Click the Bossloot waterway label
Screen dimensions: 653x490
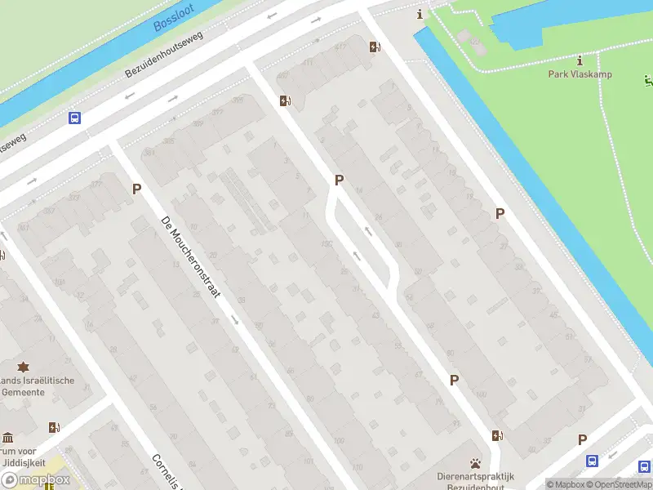click(x=175, y=18)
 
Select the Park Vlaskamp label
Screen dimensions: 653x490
click(x=580, y=74)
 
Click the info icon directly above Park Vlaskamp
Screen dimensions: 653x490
click(x=580, y=60)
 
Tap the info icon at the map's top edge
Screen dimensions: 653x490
click(x=420, y=13)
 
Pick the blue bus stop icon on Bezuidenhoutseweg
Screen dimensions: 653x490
click(x=74, y=118)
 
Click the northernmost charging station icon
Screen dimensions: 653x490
click(x=374, y=47)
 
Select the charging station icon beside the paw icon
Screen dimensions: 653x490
click(x=496, y=435)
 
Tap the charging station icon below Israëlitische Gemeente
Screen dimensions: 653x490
click(x=54, y=426)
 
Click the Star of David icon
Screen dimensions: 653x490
click(x=23, y=367)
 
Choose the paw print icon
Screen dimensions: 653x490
click(x=475, y=463)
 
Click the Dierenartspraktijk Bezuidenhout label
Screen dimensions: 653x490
click(x=474, y=481)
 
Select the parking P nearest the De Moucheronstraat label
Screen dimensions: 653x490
click(x=137, y=189)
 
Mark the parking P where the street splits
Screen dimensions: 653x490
click(x=339, y=180)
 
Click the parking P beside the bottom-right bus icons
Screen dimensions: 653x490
click(x=582, y=439)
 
